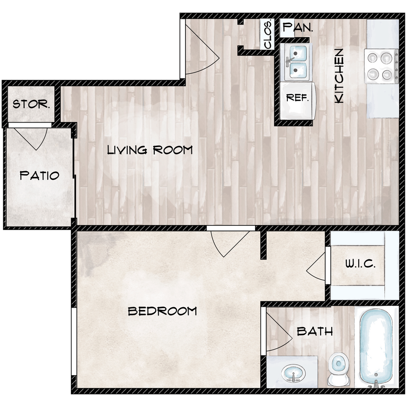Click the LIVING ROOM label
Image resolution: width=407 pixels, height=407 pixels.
[149, 150]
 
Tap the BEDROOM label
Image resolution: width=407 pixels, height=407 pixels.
[162, 311]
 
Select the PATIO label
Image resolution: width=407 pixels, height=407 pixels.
[40, 176]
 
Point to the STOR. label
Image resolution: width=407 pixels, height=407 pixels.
[31, 104]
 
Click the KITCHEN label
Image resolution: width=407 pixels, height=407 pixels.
[339, 76]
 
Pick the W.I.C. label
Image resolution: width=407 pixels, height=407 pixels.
[357, 264]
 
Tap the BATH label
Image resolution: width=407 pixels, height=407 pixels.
[314, 332]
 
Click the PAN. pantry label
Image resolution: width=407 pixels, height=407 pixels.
[298, 28]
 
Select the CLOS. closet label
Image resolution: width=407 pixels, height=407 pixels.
[268, 34]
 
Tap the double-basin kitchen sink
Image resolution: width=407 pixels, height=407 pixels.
[297, 63]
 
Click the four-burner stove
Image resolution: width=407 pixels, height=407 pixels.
[381, 66]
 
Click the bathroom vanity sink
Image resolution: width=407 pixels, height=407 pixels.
[293, 373]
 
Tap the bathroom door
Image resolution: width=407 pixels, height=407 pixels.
[276, 333]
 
